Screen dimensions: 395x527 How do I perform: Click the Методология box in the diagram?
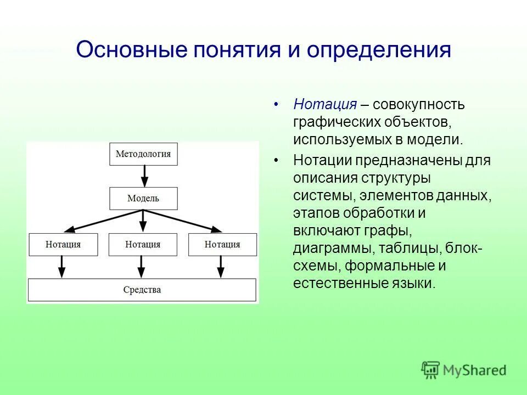click(143, 154)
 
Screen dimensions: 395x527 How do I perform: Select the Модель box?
click(143, 199)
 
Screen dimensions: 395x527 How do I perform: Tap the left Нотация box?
click(63, 245)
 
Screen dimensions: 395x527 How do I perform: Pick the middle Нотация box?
click(143, 245)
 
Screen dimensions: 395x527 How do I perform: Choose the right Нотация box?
click(222, 245)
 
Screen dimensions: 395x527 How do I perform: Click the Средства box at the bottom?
click(142, 290)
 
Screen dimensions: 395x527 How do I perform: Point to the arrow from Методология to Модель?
click(144, 176)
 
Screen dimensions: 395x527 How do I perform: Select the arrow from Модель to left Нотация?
click(104, 221)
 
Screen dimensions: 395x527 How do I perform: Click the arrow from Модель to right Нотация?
click(184, 221)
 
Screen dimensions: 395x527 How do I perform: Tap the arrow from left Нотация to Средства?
click(62, 267)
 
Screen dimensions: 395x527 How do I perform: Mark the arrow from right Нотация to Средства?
click(221, 267)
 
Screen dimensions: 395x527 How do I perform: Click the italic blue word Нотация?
click(325, 104)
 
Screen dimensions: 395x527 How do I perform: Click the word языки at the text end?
click(415, 284)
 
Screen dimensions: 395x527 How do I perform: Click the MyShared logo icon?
click(431, 370)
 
